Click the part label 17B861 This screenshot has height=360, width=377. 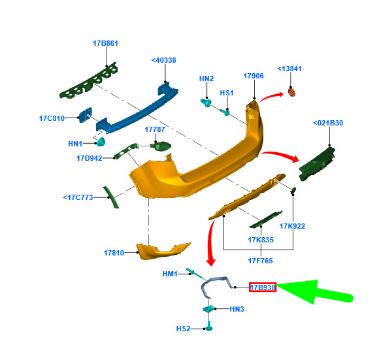pyautogui.click(x=105, y=43)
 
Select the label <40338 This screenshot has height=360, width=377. pyautogui.click(x=164, y=60)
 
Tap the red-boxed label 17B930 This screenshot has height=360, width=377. pyautogui.click(x=263, y=287)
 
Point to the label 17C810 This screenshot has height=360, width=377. pyautogui.click(x=52, y=118)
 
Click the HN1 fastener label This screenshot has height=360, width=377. pyautogui.click(x=75, y=144)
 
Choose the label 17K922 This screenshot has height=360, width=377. pyautogui.click(x=292, y=226)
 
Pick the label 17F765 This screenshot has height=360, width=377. pyautogui.click(x=261, y=261)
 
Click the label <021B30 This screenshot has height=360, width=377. pyautogui.click(x=328, y=123)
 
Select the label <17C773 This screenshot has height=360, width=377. pyautogui.click(x=78, y=197)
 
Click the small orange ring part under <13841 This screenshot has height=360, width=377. pyautogui.click(x=291, y=93)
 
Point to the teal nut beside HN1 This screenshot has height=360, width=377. pyautogui.click(x=101, y=142)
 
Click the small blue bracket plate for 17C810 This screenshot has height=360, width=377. pyautogui.click(x=86, y=115)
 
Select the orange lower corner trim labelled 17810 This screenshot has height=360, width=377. pyautogui.click(x=161, y=252)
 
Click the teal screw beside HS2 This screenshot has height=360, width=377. pyautogui.click(x=209, y=326)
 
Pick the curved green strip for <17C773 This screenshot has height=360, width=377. pyautogui.click(x=111, y=197)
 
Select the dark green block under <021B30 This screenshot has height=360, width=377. pyautogui.click(x=317, y=163)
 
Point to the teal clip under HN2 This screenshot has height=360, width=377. pyautogui.click(x=206, y=103)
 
